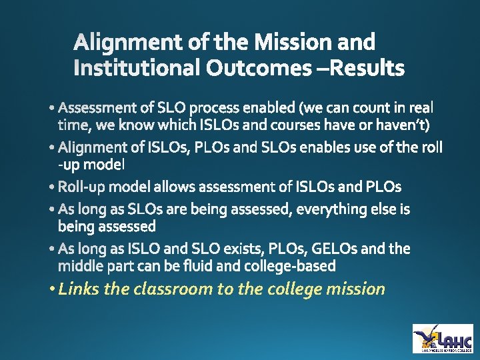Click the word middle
tap(81, 266)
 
